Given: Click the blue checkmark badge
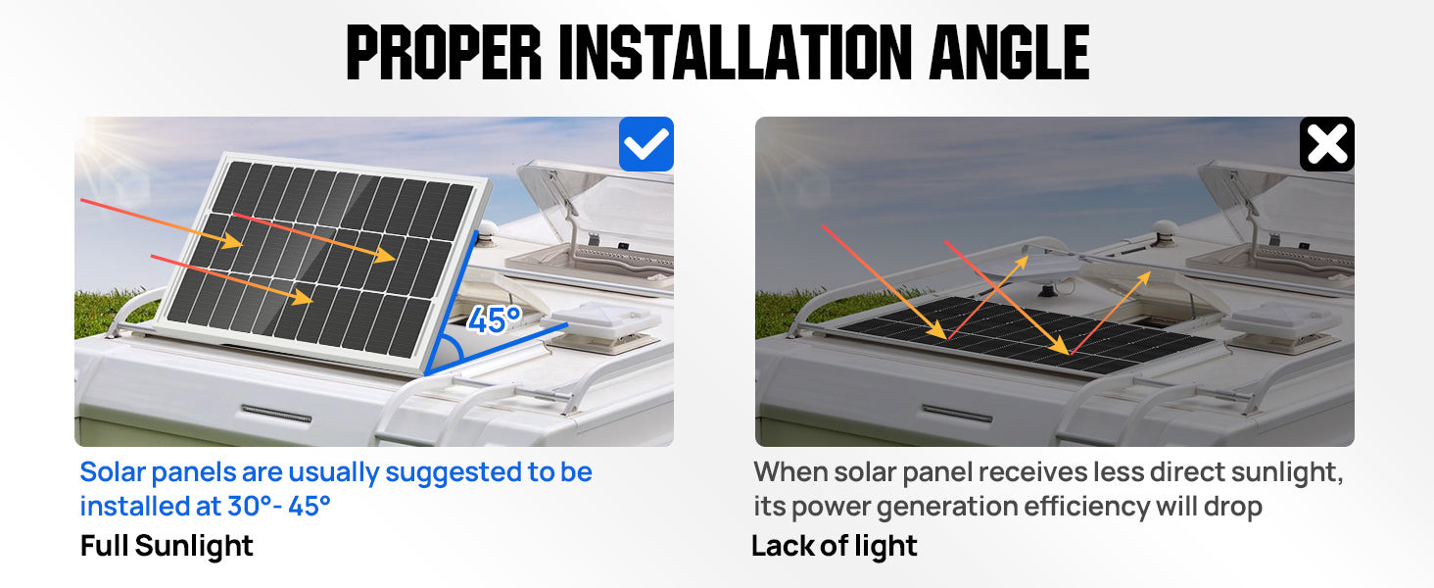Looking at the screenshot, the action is point(645,144).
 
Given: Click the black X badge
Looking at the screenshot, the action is point(1327,144).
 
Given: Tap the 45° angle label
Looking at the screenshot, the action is point(495,319).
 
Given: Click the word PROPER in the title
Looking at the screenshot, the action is point(445,52).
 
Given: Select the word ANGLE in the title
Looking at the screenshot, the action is point(1009,52).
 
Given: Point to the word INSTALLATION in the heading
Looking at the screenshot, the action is point(736,52).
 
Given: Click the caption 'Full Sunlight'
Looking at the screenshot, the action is point(167,546).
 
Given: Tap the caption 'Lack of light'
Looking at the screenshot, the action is point(835,546).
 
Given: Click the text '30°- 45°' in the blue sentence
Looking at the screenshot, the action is point(279,506).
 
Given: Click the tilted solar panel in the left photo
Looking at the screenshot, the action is point(323,263).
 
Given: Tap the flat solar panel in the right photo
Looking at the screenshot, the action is point(1028,335).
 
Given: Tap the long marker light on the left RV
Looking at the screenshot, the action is point(276,414).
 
